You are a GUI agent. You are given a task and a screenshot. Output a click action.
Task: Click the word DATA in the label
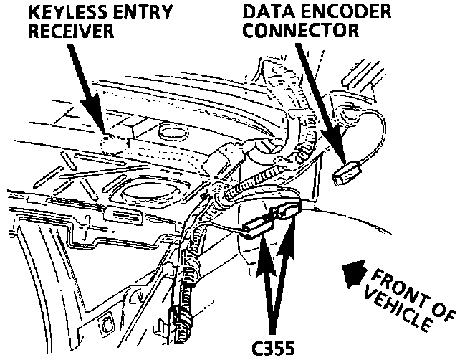269,13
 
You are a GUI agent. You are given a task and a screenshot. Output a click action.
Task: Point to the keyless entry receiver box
115,143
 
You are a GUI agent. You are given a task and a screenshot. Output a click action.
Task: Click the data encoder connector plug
347,172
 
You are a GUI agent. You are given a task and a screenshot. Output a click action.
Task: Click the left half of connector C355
254,226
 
